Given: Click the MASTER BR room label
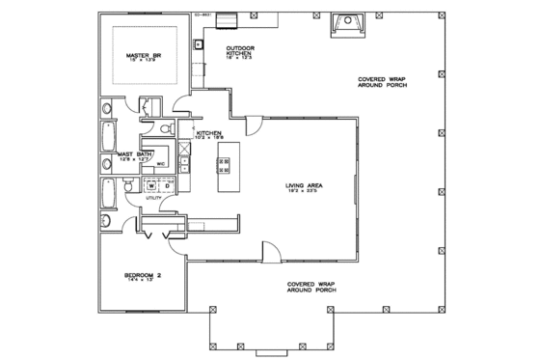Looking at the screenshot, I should click(142, 56).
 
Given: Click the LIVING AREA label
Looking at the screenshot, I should click(303, 185).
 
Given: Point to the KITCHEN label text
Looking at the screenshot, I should click(210, 132).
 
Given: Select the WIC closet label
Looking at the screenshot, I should click(162, 165).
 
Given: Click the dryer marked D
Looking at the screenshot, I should click(164, 185).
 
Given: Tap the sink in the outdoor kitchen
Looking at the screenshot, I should click(198, 43).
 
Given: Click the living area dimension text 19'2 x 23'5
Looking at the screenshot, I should click(303, 192).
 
